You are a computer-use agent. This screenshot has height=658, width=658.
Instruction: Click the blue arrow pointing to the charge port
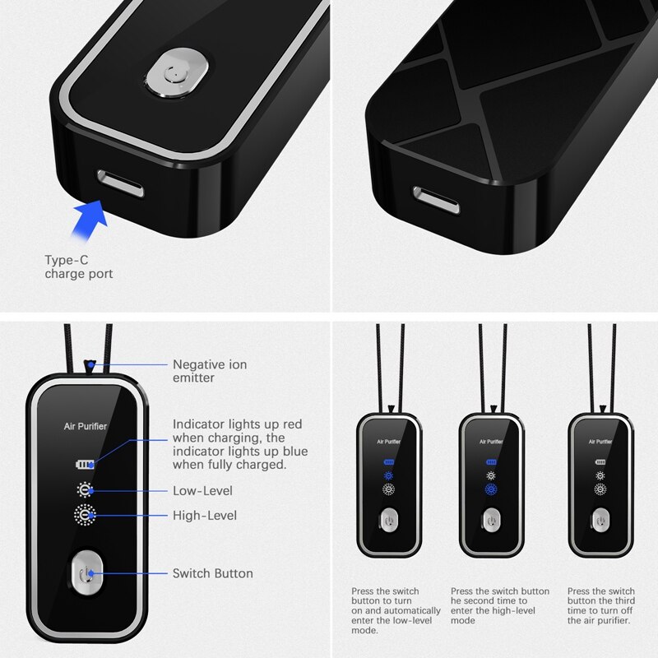click(89, 220)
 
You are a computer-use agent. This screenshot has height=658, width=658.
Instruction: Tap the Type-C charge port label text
click(79, 266)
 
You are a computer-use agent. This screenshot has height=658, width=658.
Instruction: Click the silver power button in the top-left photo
click(177, 73)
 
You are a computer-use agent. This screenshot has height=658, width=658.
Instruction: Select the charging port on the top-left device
click(120, 183)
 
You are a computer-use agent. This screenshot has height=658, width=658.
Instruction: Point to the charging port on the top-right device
click(437, 200)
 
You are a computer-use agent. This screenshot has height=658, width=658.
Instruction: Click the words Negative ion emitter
click(210, 371)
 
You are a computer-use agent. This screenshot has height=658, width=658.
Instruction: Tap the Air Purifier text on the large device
click(86, 426)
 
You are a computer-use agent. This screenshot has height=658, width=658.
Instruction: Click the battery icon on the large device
click(85, 464)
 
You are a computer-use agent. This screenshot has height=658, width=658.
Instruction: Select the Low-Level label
click(202, 490)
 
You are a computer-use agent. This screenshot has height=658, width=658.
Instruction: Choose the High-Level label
click(205, 516)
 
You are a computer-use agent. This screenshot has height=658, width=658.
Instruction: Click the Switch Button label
click(213, 573)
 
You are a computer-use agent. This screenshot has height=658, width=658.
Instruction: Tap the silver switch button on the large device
click(86, 572)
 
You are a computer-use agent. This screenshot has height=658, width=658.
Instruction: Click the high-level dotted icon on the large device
click(85, 515)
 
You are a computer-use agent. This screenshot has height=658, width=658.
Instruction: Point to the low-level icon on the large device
click(85, 489)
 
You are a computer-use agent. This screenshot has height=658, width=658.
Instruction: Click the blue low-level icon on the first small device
click(388, 476)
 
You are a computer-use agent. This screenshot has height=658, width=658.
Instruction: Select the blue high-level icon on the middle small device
click(491, 489)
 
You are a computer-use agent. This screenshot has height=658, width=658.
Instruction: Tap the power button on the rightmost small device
click(600, 520)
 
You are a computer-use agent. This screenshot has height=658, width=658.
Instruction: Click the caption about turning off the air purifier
click(601, 605)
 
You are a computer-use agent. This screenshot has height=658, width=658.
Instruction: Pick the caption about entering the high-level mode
click(500, 605)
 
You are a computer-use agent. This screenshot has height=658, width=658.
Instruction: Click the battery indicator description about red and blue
click(240, 444)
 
